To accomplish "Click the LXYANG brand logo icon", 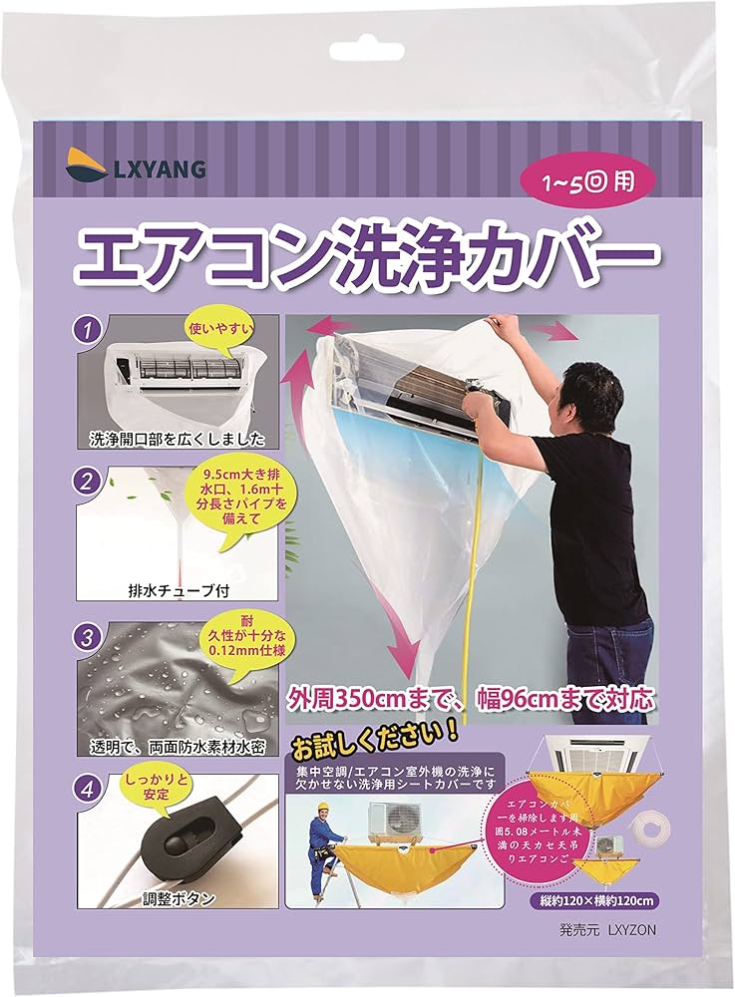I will (x=91, y=166).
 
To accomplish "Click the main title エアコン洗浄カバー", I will (x=367, y=257).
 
